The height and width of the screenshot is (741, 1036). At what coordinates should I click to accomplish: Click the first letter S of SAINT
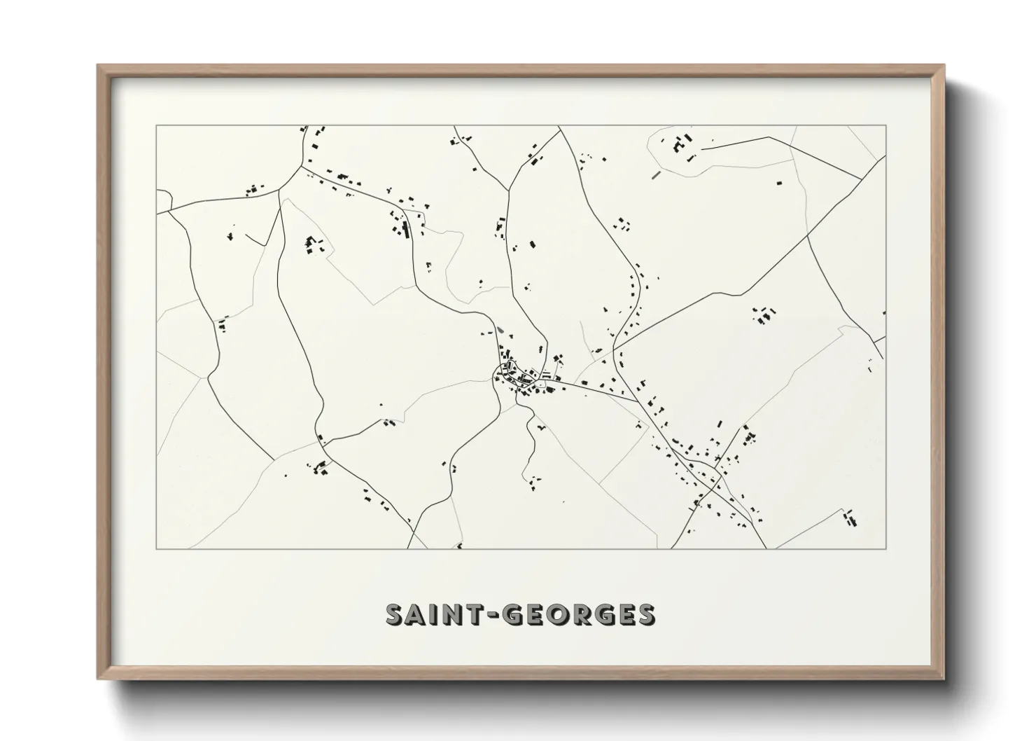pos(397,614)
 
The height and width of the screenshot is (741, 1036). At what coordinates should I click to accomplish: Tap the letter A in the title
pos(419,614)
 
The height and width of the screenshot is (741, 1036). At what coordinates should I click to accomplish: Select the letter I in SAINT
pos(435,614)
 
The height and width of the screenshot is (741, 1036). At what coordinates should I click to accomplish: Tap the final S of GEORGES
pos(645,614)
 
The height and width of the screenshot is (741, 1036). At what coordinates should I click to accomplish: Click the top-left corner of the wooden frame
pos(98,66)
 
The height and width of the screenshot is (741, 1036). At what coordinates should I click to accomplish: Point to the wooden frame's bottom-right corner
pos(944,679)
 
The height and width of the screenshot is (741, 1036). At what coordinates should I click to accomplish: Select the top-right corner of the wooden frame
pos(944,66)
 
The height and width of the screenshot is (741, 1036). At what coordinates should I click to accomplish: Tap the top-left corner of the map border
pos(157,126)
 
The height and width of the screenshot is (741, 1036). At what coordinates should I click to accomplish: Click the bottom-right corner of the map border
pos(885,548)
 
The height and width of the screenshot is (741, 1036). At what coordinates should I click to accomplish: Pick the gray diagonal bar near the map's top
pos(656,174)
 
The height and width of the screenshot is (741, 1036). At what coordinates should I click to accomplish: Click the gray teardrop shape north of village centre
pos(499,331)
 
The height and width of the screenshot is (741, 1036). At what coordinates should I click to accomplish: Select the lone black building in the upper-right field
pos(779,183)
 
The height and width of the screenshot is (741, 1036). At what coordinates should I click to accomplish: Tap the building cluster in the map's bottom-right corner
pos(850,518)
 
